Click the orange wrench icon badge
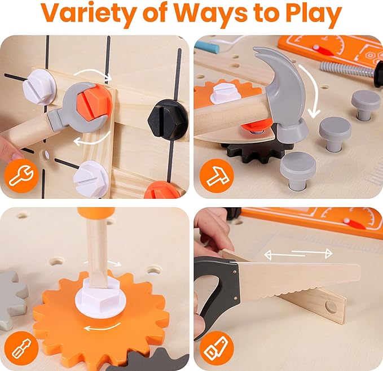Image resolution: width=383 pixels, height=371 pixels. pos(19,175)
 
